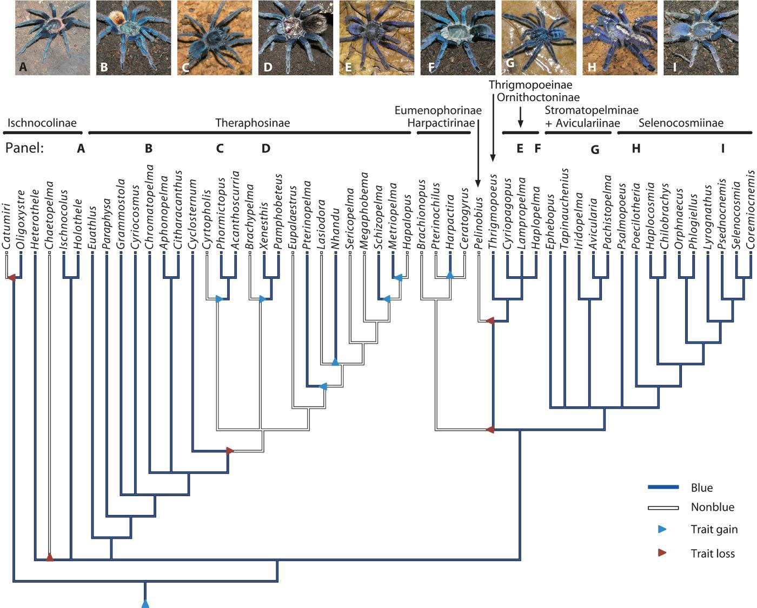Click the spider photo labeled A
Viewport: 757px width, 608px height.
[x=52, y=37]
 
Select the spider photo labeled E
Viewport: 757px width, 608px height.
[x=377, y=37]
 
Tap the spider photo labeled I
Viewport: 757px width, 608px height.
[x=701, y=37]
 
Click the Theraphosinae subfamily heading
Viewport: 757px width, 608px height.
[x=253, y=123]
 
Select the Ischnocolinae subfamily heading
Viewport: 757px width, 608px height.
[x=42, y=123]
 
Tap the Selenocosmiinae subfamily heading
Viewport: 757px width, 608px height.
[x=681, y=123]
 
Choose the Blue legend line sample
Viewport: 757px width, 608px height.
[x=663, y=488]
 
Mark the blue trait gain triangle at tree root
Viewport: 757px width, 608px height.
[x=145, y=603]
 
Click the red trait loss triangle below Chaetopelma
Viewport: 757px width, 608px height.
[x=49, y=557]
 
